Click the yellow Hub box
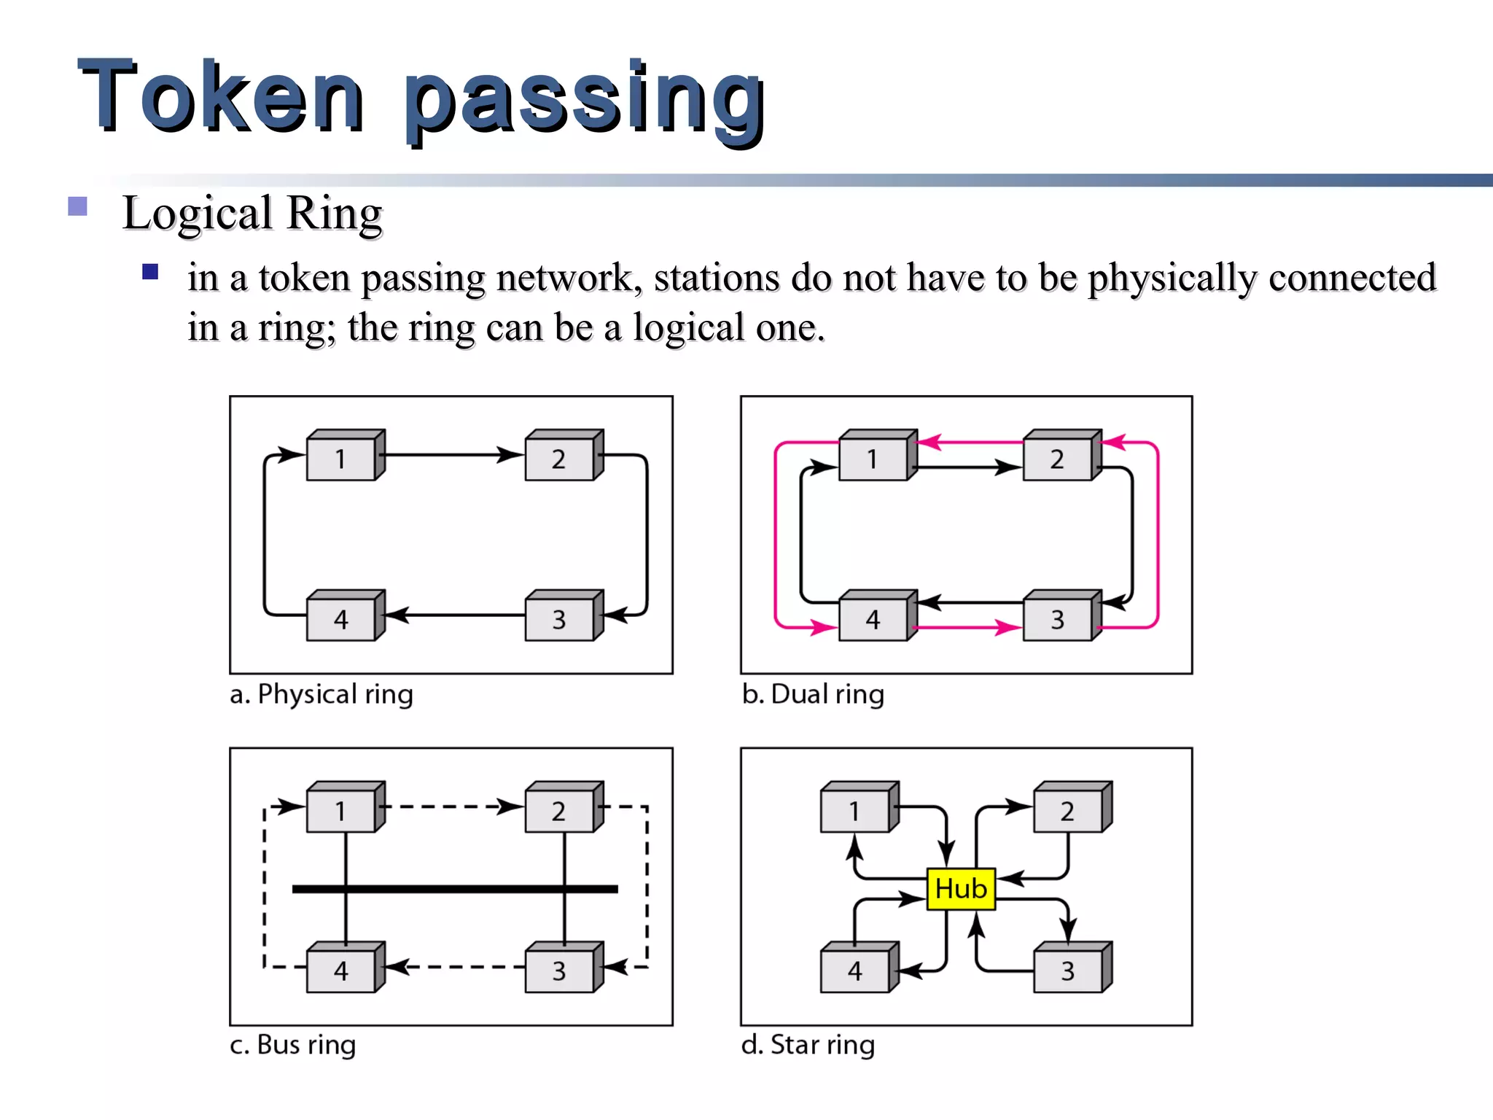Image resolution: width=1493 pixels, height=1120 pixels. (x=961, y=889)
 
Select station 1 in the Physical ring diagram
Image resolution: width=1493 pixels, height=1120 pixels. (x=341, y=459)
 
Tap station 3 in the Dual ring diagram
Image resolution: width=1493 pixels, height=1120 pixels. (x=1058, y=619)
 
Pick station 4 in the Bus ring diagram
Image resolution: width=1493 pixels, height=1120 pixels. (x=341, y=971)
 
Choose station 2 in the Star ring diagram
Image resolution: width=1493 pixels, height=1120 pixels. (x=1068, y=811)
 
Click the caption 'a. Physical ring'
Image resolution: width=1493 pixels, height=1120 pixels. (x=321, y=694)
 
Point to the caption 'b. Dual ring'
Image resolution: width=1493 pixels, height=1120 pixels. (x=813, y=694)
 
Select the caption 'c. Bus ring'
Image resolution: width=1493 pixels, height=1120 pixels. (x=292, y=1045)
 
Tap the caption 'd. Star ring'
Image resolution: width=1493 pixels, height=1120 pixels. (x=808, y=1045)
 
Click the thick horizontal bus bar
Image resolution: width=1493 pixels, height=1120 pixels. (x=455, y=889)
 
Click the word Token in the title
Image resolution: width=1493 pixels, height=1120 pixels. (x=219, y=96)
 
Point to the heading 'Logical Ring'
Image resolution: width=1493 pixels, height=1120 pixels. (x=252, y=214)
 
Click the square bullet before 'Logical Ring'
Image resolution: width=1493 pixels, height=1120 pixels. (x=78, y=206)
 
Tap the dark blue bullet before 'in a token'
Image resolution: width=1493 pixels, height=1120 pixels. (x=150, y=272)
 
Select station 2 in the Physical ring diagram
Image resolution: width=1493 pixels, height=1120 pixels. (x=559, y=459)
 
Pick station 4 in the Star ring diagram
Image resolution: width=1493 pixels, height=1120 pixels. (x=855, y=971)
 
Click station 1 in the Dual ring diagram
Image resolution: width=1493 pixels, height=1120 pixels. (x=873, y=459)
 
